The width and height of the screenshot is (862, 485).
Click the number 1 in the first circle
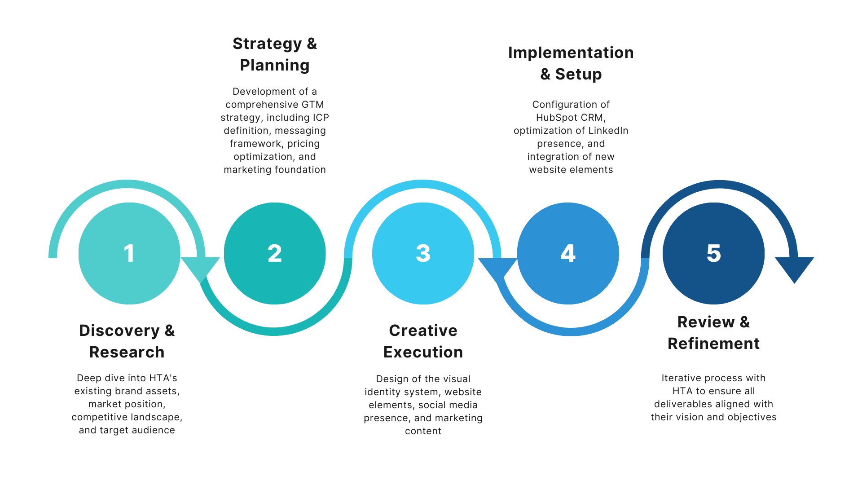(x=129, y=253)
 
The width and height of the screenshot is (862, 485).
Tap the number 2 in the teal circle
(x=274, y=253)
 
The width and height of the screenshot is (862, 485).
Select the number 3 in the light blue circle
(x=423, y=253)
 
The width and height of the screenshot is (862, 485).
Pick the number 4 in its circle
(x=568, y=253)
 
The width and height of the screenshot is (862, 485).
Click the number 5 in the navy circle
(x=713, y=253)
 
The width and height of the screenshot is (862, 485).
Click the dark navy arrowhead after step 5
(x=794, y=268)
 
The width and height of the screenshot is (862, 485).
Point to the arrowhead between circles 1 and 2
(x=201, y=268)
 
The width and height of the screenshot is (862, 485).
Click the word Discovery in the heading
(x=119, y=331)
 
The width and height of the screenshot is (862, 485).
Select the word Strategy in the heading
(x=267, y=44)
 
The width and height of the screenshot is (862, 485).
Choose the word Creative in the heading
(x=423, y=331)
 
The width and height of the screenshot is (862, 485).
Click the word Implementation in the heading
(x=571, y=53)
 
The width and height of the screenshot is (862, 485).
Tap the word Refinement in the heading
(x=713, y=344)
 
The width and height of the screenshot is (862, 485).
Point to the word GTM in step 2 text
(x=313, y=105)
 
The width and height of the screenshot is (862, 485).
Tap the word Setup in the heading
(x=578, y=75)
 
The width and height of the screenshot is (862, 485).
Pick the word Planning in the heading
(x=275, y=66)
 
